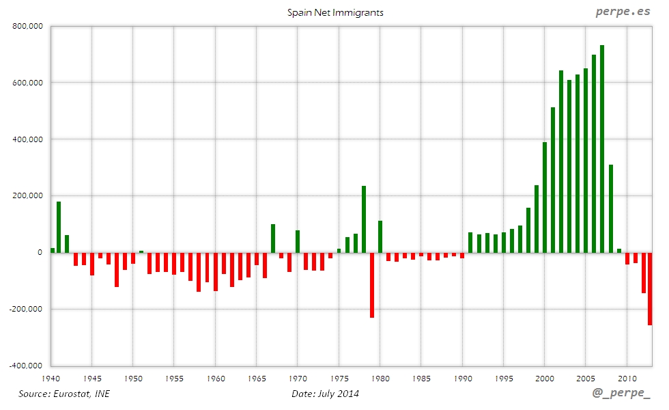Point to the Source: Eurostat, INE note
[x=64, y=394]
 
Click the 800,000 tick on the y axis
[x=27, y=27]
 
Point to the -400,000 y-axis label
[x=26, y=365]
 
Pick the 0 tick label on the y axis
[x=40, y=252]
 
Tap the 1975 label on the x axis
[x=339, y=378]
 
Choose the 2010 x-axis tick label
[x=627, y=378]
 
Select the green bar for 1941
[x=59, y=227]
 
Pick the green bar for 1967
[x=273, y=238]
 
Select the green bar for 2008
[x=611, y=208]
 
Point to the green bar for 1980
[x=380, y=236]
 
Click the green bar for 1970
[x=298, y=241]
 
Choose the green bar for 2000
[x=545, y=197]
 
